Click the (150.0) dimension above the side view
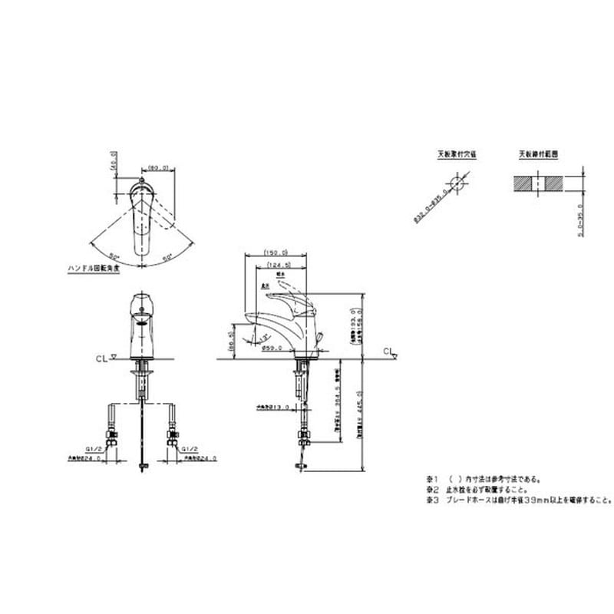275,252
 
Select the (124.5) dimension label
278,265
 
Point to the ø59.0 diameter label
272,348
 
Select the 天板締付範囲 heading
538,153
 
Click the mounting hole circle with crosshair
457,185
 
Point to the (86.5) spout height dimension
233,338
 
